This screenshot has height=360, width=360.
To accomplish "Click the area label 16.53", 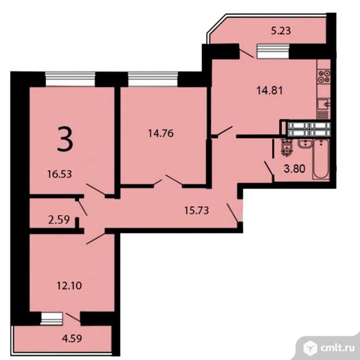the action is pyautogui.click(x=60, y=174).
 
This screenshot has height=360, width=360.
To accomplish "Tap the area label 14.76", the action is pyautogui.click(x=161, y=133).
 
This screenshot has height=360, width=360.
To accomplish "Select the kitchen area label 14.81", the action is pyautogui.click(x=269, y=90).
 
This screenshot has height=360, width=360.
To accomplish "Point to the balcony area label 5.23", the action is pyautogui.click(x=281, y=30).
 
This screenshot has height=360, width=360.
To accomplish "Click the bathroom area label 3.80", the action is pyautogui.click(x=295, y=169).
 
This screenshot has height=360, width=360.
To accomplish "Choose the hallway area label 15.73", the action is pyautogui.click(x=197, y=210).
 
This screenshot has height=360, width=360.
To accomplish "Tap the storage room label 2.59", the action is pyautogui.click(x=59, y=220).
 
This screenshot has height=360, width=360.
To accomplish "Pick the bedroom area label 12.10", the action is pyautogui.click(x=69, y=286).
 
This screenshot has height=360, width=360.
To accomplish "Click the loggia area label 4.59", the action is pyautogui.click(x=72, y=338).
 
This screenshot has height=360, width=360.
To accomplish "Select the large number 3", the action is pyautogui.click(x=65, y=140).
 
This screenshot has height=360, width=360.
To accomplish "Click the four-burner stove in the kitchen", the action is pyautogui.click(x=324, y=76).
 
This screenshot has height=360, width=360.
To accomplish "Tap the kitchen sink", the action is pyautogui.click(x=324, y=104).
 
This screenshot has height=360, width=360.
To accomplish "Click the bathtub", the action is pyautogui.click(x=321, y=159).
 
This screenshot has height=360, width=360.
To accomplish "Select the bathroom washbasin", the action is pyautogui.click(x=305, y=144).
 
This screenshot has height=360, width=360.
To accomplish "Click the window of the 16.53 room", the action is pyautogui.click(x=70, y=79).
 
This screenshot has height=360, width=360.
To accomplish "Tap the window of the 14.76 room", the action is pyautogui.click(x=153, y=79).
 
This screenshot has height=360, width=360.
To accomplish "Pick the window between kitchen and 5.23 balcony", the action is pyautogui.click(x=273, y=51).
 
